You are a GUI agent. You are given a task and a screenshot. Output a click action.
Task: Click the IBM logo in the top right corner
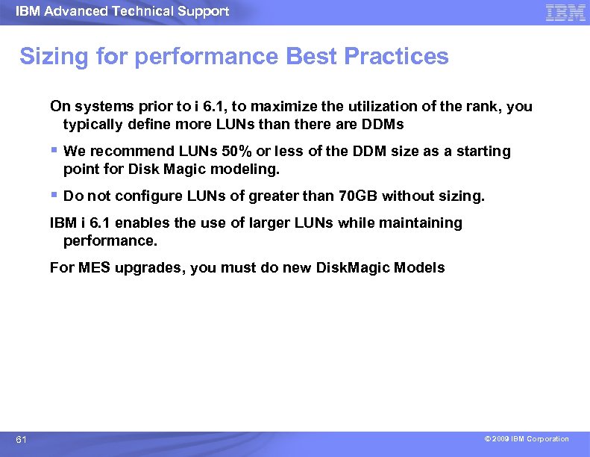[565, 12]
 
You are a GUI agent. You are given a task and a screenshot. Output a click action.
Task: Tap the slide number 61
[22, 440]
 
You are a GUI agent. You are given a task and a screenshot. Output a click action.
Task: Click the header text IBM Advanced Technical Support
[122, 11]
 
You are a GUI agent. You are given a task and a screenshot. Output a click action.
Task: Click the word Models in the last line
[419, 268]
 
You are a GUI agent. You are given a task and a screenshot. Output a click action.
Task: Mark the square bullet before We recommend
[54, 150]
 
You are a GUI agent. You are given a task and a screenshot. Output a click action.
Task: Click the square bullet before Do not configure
[54, 195]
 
